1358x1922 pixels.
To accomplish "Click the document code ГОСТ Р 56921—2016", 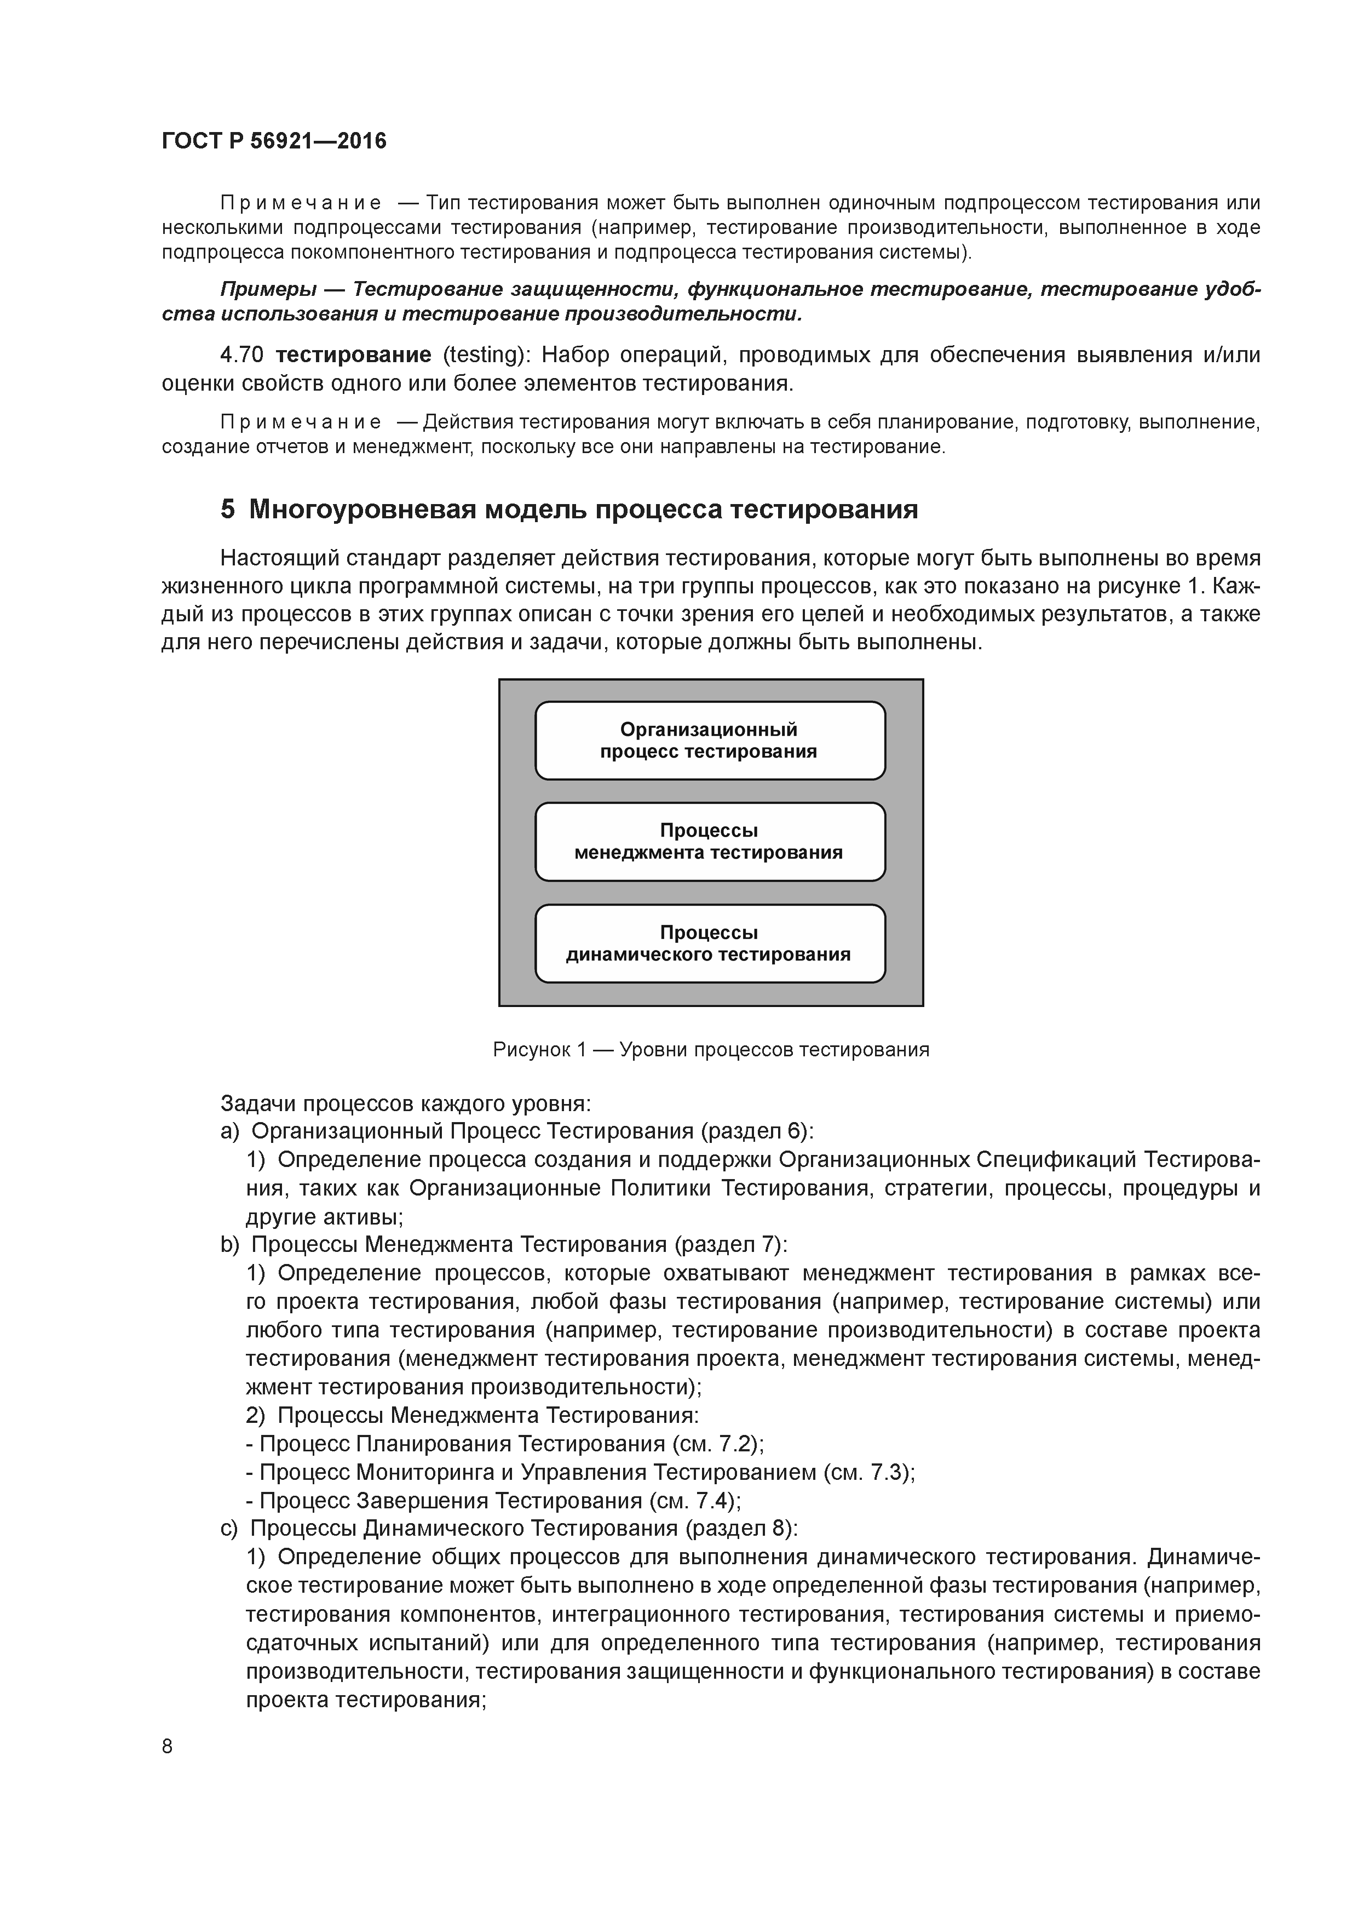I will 274,141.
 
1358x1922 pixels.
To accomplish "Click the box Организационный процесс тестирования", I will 710,741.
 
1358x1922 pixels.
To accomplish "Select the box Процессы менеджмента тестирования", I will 710,842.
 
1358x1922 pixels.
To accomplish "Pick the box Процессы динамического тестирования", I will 710,943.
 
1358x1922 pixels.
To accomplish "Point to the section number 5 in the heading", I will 228,510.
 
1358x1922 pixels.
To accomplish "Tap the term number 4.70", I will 242,355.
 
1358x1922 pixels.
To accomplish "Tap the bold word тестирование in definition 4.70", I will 353,355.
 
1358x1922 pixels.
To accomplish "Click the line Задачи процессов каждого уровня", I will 406,1103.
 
